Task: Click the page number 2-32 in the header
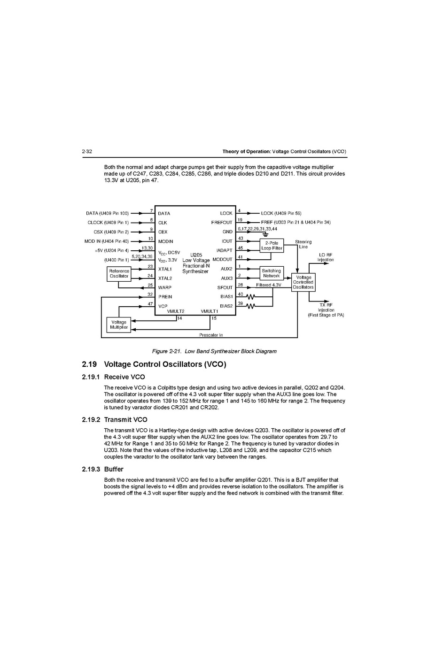pyautogui.click(x=87, y=152)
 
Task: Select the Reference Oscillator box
pyautogui.click(x=119, y=273)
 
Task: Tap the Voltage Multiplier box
pyautogui.click(x=119, y=324)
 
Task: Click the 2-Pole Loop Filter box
pyautogui.click(x=272, y=246)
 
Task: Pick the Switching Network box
pyautogui.click(x=272, y=273)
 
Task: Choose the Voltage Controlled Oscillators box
pyautogui.click(x=303, y=282)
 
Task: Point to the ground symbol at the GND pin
pyautogui.click(x=265, y=234)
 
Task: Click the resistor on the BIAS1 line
pyautogui.click(x=251, y=297)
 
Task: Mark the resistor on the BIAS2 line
pyautogui.click(x=251, y=306)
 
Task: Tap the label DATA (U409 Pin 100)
pyautogui.click(x=107, y=214)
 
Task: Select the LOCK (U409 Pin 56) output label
pyautogui.click(x=281, y=214)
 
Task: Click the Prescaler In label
pyautogui.click(x=211, y=335)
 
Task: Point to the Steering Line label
pyautogui.click(x=303, y=244)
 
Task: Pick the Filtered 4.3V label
pyautogui.click(x=269, y=285)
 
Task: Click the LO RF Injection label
pyautogui.click(x=326, y=257)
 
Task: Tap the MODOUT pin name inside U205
pyautogui.click(x=222, y=259)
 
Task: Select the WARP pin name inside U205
pyautogui.click(x=165, y=287)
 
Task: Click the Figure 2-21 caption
pyautogui.click(x=214, y=351)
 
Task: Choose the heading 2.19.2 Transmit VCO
pyautogui.click(x=115, y=420)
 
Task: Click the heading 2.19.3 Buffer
pyautogui.click(x=102, y=469)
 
